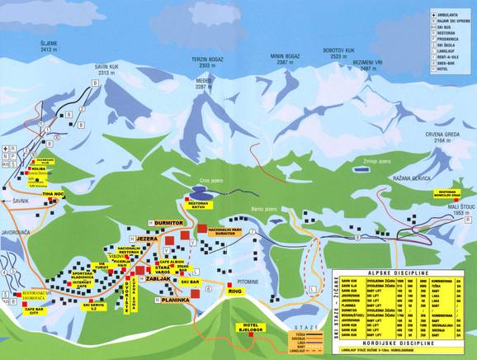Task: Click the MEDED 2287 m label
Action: click(x=204, y=83)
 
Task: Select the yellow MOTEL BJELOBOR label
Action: click(x=252, y=328)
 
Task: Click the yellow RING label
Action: click(x=234, y=291)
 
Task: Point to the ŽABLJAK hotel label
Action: click(x=162, y=280)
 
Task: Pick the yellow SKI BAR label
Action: click(x=191, y=282)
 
